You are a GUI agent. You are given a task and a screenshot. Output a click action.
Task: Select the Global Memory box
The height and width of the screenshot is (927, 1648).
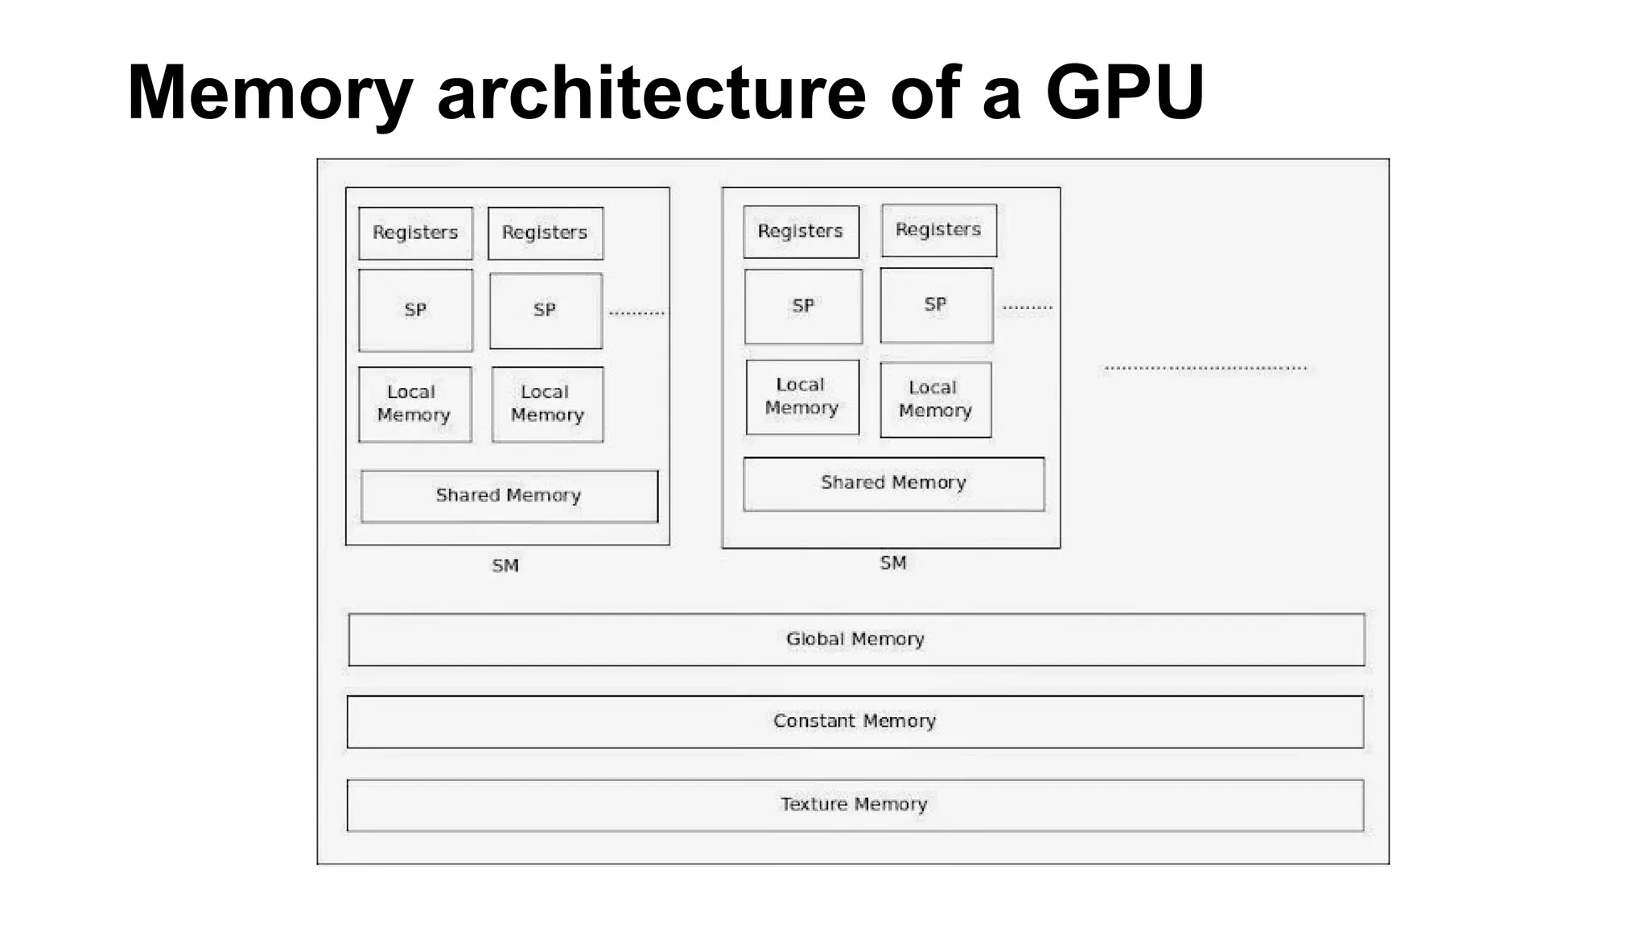(856, 640)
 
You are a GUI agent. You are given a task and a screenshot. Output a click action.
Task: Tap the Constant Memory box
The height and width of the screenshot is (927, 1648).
(855, 722)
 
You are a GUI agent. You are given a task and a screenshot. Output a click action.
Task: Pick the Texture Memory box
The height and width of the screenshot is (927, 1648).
(855, 805)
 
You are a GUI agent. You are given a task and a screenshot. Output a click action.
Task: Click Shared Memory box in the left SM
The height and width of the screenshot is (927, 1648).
(509, 496)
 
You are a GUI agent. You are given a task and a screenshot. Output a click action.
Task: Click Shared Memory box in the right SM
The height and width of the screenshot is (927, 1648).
(893, 484)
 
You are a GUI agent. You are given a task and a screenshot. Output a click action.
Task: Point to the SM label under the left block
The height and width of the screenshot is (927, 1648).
(505, 566)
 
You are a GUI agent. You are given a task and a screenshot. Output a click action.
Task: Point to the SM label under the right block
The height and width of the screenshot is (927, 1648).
(892, 563)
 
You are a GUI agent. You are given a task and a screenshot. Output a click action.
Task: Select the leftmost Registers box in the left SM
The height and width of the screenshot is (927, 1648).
(415, 233)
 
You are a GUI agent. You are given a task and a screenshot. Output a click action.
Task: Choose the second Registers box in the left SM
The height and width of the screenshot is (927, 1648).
(545, 233)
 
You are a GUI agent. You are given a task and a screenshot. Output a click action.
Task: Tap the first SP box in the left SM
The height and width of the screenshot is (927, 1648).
(415, 311)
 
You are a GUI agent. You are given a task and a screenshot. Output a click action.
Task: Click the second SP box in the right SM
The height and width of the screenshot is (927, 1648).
(936, 306)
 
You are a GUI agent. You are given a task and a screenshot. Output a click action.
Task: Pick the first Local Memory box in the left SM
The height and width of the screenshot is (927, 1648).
(414, 404)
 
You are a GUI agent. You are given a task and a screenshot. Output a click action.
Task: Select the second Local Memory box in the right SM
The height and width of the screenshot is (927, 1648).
(935, 400)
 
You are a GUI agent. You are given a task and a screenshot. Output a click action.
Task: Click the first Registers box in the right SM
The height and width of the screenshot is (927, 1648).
(801, 232)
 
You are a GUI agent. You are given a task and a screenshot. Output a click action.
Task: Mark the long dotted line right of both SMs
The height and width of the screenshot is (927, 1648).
(1205, 369)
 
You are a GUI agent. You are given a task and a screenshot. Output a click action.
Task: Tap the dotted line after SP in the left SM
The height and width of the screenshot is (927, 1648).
(637, 313)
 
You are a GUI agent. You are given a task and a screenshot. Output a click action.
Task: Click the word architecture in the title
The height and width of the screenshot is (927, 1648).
(651, 92)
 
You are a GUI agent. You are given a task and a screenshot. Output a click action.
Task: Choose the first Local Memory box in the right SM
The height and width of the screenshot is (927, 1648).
(801, 397)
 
